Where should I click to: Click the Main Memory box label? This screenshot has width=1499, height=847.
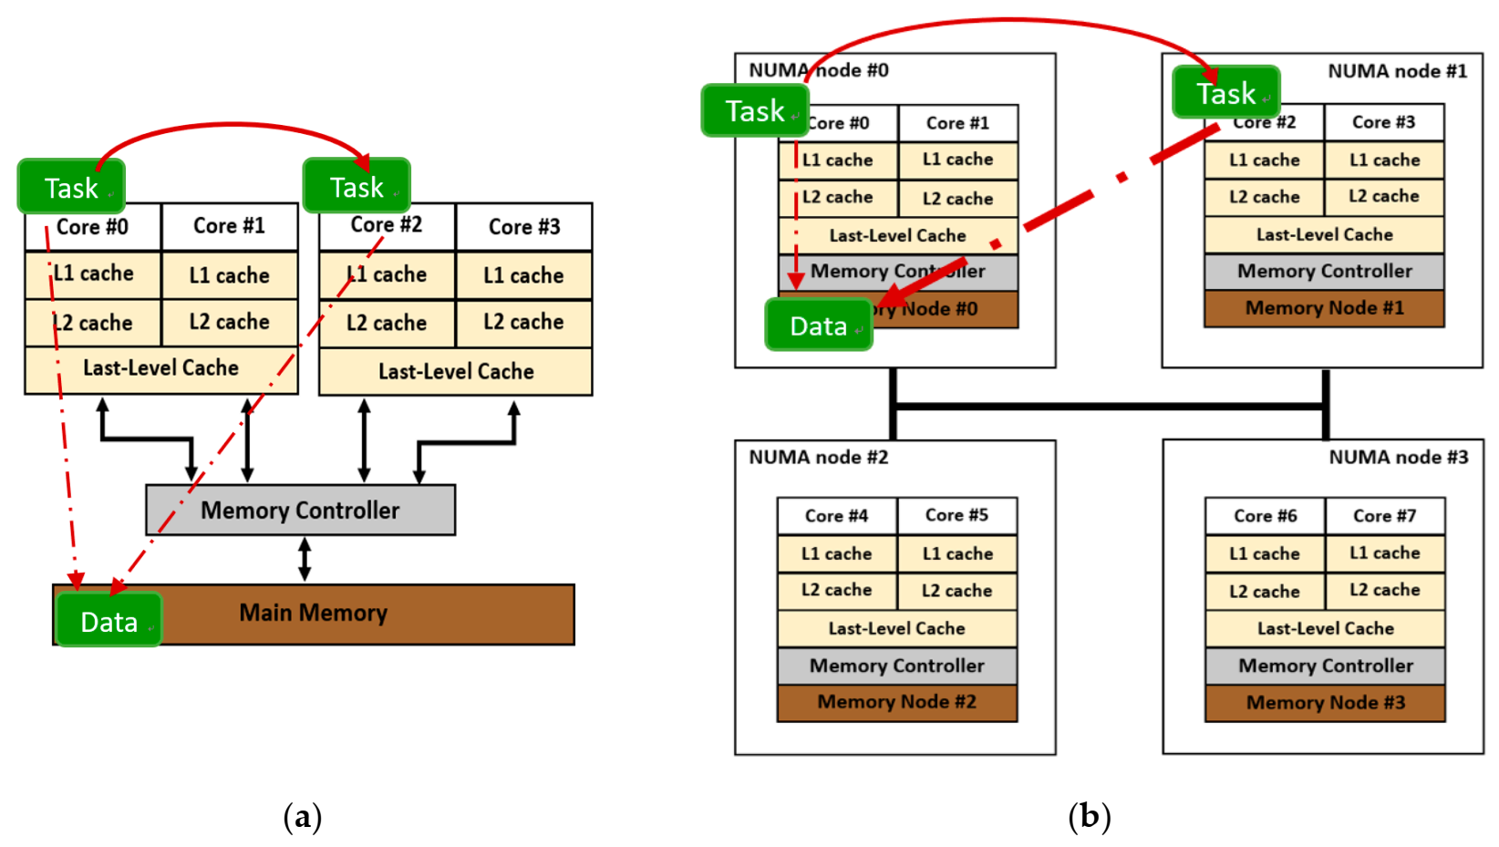coord(313,613)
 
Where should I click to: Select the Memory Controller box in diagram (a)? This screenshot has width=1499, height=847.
coord(300,510)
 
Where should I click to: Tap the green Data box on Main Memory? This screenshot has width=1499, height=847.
coord(109,621)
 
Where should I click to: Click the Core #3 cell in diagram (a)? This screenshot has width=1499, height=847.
coord(523,227)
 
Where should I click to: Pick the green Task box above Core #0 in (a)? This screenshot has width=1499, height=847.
coord(71,187)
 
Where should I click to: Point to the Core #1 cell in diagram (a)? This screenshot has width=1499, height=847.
coord(229,226)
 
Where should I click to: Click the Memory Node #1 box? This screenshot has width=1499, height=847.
coord(1324,308)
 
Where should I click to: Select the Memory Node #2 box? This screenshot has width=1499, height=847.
coord(896,702)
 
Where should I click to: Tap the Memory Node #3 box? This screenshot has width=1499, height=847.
coord(1325,703)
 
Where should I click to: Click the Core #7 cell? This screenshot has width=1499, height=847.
coord(1384,516)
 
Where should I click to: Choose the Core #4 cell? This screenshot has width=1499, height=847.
coord(836,516)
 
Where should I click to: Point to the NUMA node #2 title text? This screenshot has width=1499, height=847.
coord(818,457)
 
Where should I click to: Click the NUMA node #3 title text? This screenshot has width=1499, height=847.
coord(1398,457)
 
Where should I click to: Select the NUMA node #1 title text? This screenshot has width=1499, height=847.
coord(1397,71)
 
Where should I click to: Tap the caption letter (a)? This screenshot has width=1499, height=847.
coord(302,816)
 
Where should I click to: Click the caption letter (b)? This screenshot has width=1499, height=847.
coord(1089,816)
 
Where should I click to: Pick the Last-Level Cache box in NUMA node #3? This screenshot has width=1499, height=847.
coord(1325,628)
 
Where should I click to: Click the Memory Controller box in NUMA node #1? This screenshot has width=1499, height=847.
coord(1324,271)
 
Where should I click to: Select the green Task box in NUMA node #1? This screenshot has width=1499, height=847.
coord(1225,93)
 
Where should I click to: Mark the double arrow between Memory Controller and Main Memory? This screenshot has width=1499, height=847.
coord(305,559)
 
